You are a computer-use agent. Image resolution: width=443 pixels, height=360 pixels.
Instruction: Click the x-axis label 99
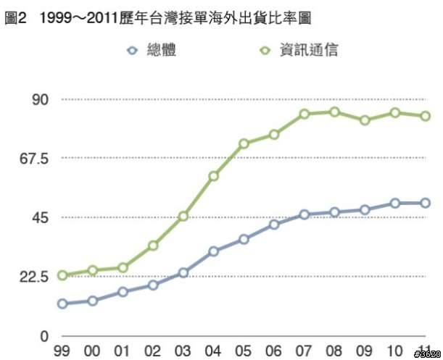click(x=62, y=351)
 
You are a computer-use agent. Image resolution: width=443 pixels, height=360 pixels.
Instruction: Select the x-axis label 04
click(x=213, y=351)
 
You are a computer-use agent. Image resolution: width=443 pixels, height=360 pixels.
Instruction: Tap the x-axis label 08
click(x=334, y=351)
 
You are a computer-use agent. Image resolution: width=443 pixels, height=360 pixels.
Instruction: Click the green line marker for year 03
click(x=183, y=217)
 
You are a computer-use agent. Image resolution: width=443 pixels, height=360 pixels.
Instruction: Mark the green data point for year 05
click(x=244, y=143)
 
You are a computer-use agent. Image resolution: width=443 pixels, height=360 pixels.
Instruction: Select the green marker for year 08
click(x=334, y=112)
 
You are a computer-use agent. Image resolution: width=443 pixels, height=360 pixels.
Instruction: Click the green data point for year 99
click(x=62, y=275)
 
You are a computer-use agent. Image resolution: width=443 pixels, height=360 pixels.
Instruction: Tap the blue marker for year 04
click(x=214, y=251)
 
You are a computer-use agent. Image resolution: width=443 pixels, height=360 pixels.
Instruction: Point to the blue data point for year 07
click(x=305, y=214)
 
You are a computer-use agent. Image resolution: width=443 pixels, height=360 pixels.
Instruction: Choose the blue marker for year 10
click(x=395, y=204)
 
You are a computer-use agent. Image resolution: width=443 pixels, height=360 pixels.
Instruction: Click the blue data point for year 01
click(x=123, y=292)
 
